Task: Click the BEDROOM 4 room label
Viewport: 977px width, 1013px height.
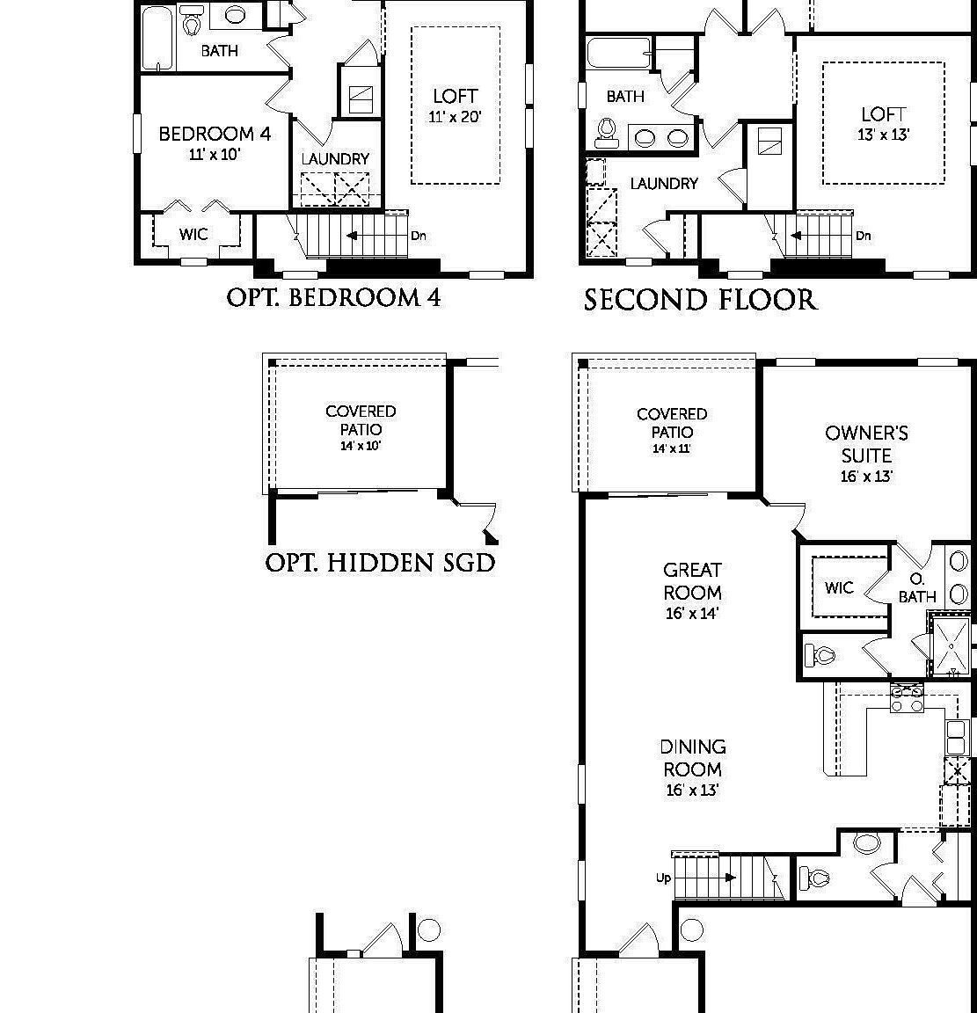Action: (x=215, y=134)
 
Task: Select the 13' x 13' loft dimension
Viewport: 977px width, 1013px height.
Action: (x=883, y=135)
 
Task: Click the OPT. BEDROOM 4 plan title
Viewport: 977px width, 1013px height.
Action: (x=334, y=297)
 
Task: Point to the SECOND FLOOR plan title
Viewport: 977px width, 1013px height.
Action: (x=700, y=300)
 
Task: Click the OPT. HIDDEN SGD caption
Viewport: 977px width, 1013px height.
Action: (x=380, y=563)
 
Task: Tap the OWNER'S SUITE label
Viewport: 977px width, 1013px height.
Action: (x=866, y=444)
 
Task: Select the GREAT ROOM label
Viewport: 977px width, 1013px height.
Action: (x=693, y=581)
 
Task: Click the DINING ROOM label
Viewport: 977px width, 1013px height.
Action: (x=693, y=757)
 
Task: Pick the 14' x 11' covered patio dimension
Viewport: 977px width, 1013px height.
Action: (x=672, y=448)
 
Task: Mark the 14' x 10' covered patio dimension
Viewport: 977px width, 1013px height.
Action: (x=361, y=446)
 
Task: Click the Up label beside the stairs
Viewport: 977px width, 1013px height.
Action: (x=663, y=878)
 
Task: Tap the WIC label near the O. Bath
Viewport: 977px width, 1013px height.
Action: (x=839, y=587)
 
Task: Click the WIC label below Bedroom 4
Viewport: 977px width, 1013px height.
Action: (x=193, y=234)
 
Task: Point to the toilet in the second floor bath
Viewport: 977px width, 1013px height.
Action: (x=605, y=130)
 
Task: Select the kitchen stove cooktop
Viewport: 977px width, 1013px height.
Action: (x=907, y=698)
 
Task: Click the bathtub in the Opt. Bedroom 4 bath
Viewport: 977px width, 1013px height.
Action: (x=159, y=37)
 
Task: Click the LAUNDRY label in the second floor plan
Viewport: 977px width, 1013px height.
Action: (x=664, y=184)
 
